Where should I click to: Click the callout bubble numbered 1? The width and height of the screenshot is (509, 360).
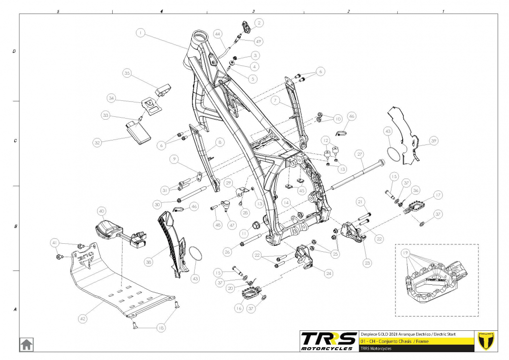pyautogui.click(x=141, y=33)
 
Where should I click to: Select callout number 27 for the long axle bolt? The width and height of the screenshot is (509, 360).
pyautogui.click(x=360, y=153)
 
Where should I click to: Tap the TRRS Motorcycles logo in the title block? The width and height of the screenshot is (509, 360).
pyautogui.click(x=329, y=340)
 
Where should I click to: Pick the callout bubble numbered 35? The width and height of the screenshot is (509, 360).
pyautogui.click(x=127, y=73)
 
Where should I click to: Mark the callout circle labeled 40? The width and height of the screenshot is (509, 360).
pyautogui.click(x=102, y=211)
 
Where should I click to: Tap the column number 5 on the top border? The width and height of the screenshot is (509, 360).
pyautogui.click(x=58, y=11)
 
